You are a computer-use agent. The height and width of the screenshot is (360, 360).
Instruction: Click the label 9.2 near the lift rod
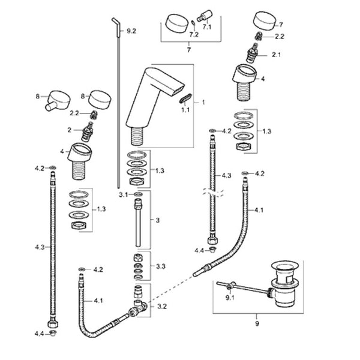[131, 31]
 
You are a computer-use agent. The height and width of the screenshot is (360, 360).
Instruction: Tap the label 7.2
[194, 35]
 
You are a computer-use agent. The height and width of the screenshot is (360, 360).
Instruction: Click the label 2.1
[277, 55]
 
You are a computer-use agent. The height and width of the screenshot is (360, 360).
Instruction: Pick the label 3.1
[124, 195]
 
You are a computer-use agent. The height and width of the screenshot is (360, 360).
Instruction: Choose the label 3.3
[161, 266]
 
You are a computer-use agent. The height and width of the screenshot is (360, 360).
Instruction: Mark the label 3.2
[160, 306]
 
